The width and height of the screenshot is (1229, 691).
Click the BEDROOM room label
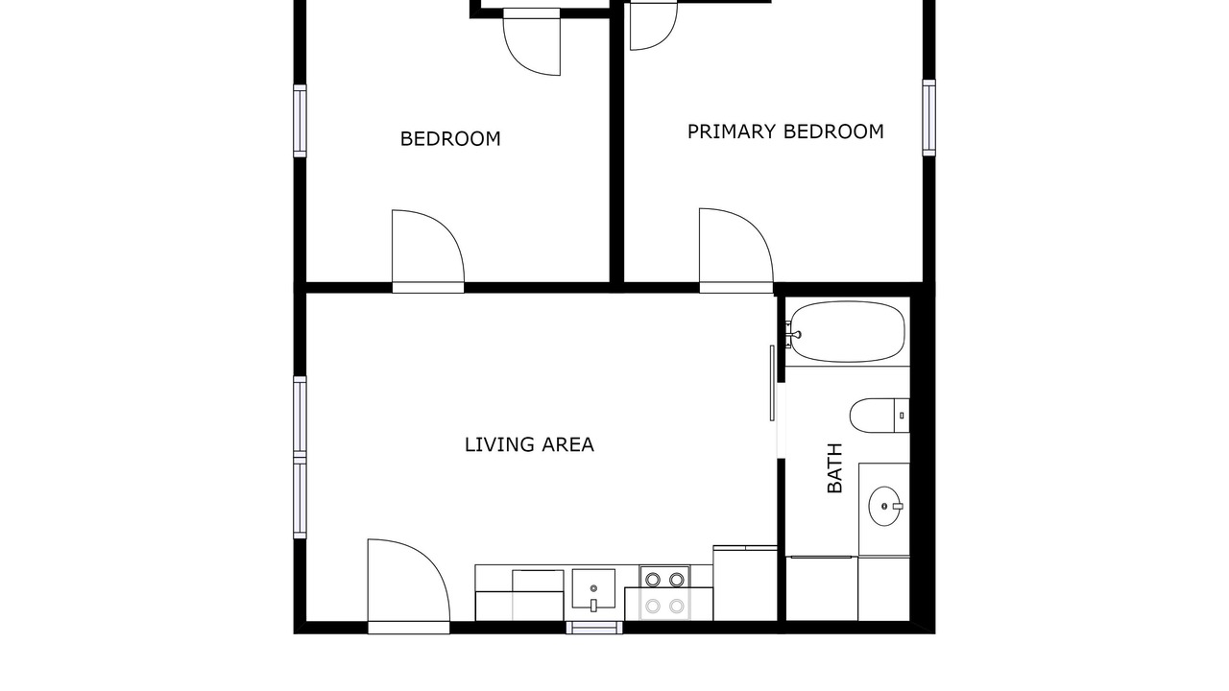tap(450, 139)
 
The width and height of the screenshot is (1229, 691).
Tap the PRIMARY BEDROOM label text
tap(785, 131)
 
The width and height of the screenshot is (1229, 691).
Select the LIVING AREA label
tap(529, 444)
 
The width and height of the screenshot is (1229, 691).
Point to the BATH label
tap(834, 467)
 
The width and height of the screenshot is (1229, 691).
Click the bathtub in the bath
tap(848, 331)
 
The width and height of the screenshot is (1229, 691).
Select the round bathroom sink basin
tap(884, 506)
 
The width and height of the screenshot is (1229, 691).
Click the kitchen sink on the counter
tap(593, 589)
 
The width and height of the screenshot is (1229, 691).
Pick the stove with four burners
tap(664, 593)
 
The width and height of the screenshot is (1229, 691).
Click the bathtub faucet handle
tap(796, 334)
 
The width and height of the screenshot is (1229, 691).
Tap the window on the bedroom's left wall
tap(300, 121)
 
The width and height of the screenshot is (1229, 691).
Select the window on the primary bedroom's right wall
tap(928, 117)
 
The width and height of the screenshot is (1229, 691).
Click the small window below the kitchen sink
tap(594, 628)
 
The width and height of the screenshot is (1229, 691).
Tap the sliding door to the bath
tap(773, 383)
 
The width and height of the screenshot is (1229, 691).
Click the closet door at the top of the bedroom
tap(531, 41)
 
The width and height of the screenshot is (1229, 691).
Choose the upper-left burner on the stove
tap(652, 579)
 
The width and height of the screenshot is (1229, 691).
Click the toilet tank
tap(902, 416)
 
